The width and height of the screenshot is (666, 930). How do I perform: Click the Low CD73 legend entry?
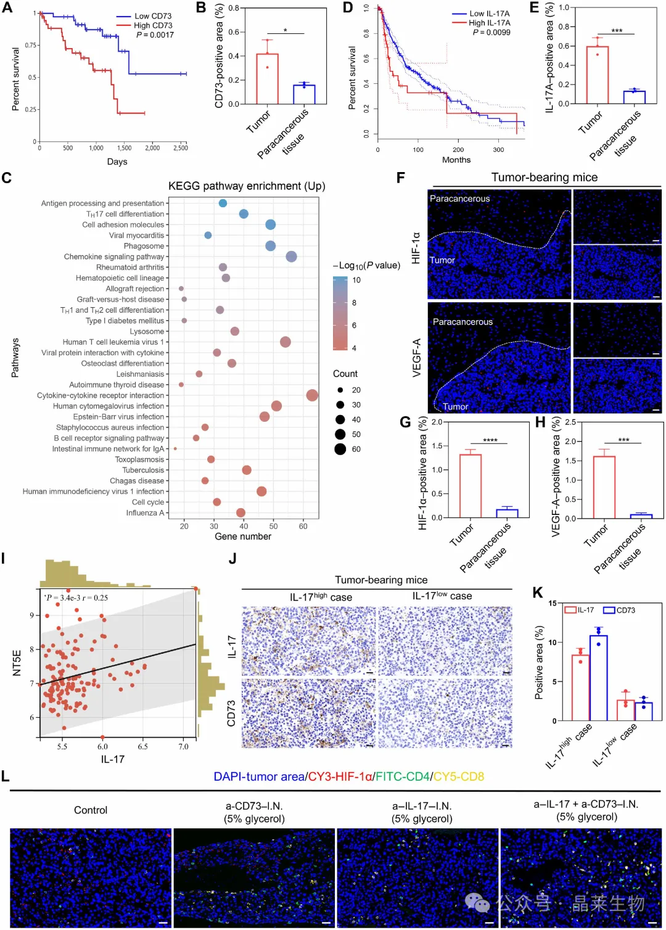tap(144, 16)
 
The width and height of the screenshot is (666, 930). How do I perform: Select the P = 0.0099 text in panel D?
tap(491, 33)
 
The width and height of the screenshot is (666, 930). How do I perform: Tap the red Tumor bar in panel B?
tap(267, 79)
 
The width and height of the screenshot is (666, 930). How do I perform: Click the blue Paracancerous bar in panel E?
tap(634, 97)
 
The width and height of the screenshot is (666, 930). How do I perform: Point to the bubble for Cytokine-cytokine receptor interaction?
tap(312, 395)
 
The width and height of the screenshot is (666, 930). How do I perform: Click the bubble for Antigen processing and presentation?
tap(223, 203)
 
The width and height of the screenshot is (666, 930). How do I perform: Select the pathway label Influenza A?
tap(145, 512)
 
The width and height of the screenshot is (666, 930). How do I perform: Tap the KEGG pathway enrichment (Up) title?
tap(247, 186)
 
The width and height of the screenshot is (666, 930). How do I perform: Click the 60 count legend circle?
tap(340, 449)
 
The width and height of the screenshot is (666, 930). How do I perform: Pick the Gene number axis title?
tap(243, 537)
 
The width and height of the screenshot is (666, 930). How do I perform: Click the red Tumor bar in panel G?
tap(470, 486)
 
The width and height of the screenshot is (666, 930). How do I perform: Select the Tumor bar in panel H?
tap(604, 487)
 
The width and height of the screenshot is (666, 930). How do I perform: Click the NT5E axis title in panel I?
tap(17, 663)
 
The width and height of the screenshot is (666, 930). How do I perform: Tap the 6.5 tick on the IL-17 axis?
tap(142, 746)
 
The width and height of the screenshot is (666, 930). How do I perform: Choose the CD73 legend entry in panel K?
tap(619, 610)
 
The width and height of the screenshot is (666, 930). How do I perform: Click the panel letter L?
tap(6, 776)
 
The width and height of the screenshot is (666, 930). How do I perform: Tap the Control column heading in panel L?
tap(91, 810)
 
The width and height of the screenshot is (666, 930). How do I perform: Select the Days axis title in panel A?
tap(117, 162)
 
